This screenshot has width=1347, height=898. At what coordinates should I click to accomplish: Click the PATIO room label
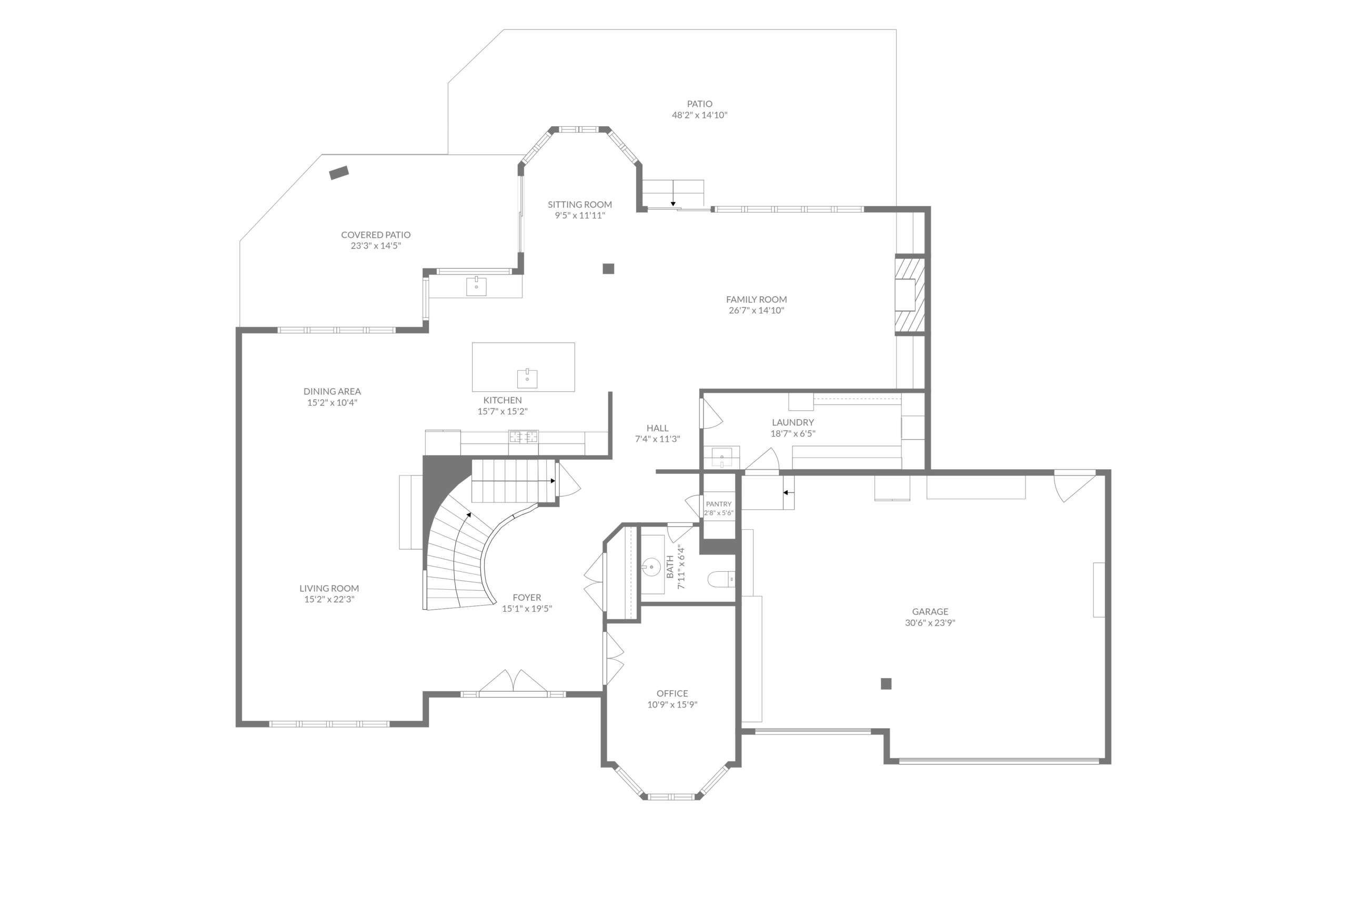pos(699,104)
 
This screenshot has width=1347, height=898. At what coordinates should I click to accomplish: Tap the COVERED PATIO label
pos(376,235)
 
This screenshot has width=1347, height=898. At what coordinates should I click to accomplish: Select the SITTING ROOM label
pos(579,205)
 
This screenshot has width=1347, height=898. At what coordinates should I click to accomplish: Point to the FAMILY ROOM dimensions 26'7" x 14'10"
pos(756,310)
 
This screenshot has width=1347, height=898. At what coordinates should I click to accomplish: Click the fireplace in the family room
pos(910,295)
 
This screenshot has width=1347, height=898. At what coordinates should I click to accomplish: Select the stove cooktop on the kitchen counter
pos(524,437)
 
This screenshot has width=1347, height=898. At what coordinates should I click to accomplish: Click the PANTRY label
pos(719,504)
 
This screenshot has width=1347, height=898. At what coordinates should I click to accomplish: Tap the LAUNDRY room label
pos(792,422)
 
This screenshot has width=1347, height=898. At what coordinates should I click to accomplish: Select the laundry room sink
pos(721,458)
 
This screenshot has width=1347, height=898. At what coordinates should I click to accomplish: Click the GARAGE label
pos(930,612)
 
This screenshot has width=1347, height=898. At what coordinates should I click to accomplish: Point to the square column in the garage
pos(886,683)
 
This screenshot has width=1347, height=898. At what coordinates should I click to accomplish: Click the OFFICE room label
pos(672,693)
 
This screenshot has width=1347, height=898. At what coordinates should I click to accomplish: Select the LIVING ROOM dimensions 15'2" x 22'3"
pos(329,600)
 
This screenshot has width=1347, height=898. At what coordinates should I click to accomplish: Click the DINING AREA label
pos(332,392)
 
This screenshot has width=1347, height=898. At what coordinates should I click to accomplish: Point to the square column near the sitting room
pos(608,269)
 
